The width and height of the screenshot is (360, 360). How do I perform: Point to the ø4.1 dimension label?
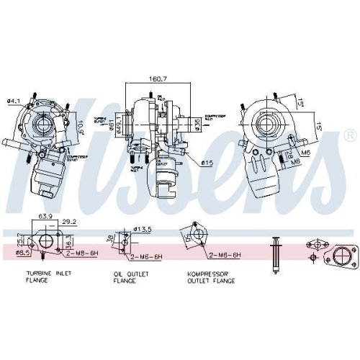tap(12, 100)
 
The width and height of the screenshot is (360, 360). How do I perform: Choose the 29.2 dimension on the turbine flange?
tap(68, 222)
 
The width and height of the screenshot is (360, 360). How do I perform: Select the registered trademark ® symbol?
tap(350, 135)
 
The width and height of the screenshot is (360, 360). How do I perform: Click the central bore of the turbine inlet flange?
tap(48, 241)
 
